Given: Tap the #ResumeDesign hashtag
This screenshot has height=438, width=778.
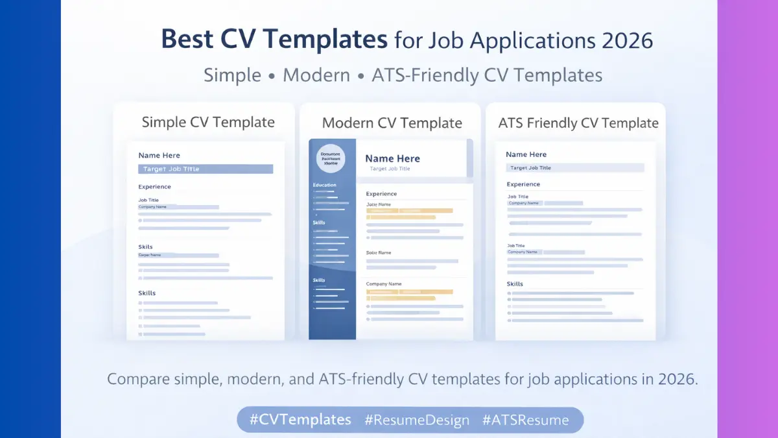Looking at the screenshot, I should [x=417, y=420].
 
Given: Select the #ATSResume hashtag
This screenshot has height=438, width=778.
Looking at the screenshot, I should [x=525, y=420].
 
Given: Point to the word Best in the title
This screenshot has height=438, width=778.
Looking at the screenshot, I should [x=186, y=40].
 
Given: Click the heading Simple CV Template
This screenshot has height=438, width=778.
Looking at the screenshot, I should [x=208, y=122].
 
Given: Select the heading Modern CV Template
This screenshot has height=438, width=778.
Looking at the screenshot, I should [x=392, y=123].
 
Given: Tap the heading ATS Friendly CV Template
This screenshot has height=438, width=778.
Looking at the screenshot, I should [x=578, y=123].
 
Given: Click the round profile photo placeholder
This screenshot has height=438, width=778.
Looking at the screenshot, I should [x=331, y=159].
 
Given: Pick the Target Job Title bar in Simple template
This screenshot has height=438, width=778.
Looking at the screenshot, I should [x=206, y=169].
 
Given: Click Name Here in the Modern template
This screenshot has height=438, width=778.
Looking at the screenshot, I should [x=392, y=158].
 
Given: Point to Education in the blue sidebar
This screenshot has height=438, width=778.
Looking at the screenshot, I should [x=325, y=185].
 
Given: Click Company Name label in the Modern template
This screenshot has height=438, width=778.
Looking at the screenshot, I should [x=384, y=284].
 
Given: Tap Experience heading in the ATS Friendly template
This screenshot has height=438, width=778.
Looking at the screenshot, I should [x=523, y=184].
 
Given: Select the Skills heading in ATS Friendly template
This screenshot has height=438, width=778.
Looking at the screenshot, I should [x=515, y=284].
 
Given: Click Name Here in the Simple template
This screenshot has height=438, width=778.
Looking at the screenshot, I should [x=159, y=155].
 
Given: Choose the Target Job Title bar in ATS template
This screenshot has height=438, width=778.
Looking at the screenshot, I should [x=574, y=167].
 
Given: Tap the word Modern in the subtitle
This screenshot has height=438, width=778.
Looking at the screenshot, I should [x=316, y=75].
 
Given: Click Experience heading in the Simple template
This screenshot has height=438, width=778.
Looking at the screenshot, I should [x=154, y=187].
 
